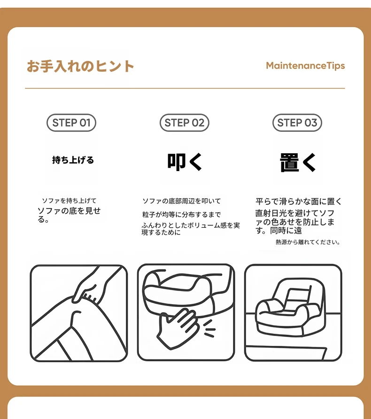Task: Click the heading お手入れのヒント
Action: [x=80, y=66]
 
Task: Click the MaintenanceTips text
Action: [x=305, y=66]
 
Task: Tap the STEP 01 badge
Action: [x=71, y=123]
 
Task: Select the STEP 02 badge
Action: [x=185, y=123]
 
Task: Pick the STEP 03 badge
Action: [x=297, y=123]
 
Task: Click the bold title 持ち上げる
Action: [x=73, y=160]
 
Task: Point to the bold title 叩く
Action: [x=185, y=162]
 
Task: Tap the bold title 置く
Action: [x=298, y=162]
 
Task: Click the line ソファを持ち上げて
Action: [x=69, y=201]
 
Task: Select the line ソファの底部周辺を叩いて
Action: [x=181, y=201]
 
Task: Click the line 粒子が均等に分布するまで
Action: [x=181, y=214]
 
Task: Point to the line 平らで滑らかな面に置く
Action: [x=299, y=201]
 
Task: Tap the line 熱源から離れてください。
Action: [x=308, y=242]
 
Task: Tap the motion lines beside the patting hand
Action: [x=209, y=329]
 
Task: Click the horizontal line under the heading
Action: [x=185, y=88]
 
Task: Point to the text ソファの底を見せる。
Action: [x=69, y=215]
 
